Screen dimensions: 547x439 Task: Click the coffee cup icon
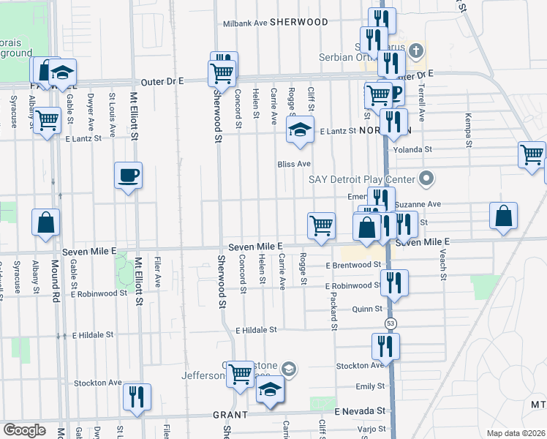(x=128, y=176)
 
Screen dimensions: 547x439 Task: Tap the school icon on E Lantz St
(x=299, y=130)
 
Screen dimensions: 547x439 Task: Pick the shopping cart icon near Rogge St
(x=321, y=225)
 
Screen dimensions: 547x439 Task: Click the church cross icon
(x=416, y=50)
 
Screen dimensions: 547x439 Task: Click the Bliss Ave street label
(x=294, y=163)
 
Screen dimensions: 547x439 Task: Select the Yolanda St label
(x=413, y=149)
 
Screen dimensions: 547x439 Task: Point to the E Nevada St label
(x=360, y=413)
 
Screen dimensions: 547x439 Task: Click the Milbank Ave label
(x=245, y=23)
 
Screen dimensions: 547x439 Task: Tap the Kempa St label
(x=466, y=128)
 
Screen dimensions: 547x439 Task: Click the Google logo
(x=24, y=430)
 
